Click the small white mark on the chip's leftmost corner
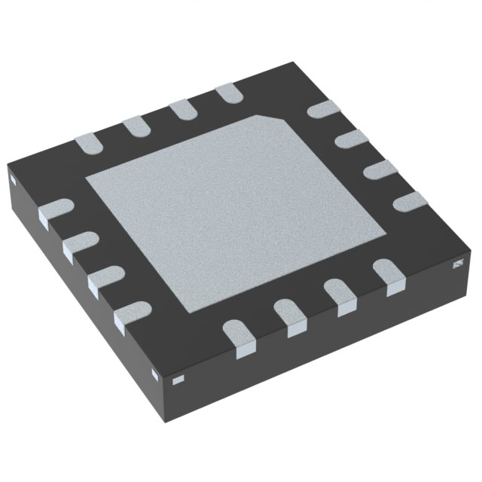point(13,179)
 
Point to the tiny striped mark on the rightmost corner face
point(456,263)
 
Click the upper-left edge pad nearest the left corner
point(87,142)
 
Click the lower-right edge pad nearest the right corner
point(389,273)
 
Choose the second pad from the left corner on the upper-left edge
point(136,126)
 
